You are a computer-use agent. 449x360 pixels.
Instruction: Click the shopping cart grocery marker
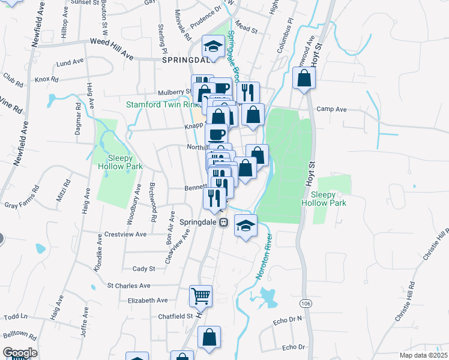click(201, 295)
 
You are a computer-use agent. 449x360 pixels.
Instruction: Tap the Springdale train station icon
click(223, 222)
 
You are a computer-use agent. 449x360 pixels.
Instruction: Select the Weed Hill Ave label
click(111, 48)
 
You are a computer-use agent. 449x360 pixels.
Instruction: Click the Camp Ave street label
click(332, 109)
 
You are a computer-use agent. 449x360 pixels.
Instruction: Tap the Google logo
click(20, 353)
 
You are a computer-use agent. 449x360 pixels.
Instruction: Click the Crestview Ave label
click(125, 234)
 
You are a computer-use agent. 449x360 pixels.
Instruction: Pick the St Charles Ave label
click(128, 286)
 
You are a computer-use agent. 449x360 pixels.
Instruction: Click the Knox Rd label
click(46, 79)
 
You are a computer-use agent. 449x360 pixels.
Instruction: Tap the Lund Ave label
click(70, 62)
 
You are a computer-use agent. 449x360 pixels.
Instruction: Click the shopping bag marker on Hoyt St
click(304, 79)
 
